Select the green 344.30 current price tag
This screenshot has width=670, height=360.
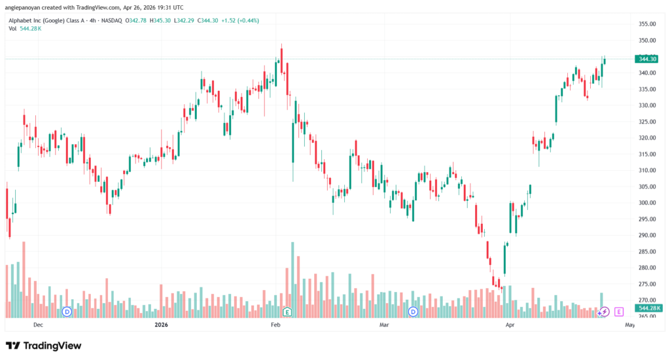[x=646, y=59]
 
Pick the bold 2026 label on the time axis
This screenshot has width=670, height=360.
[x=161, y=325]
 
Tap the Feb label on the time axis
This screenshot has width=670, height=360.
[x=276, y=325]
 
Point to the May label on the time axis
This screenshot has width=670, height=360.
[x=630, y=325]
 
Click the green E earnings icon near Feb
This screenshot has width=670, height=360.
[x=287, y=312]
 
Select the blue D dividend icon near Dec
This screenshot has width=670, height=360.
[x=67, y=312]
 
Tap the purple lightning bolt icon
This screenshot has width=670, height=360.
[x=605, y=312]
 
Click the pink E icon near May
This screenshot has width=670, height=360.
[x=619, y=312]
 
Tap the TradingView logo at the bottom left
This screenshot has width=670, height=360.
[x=44, y=345]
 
